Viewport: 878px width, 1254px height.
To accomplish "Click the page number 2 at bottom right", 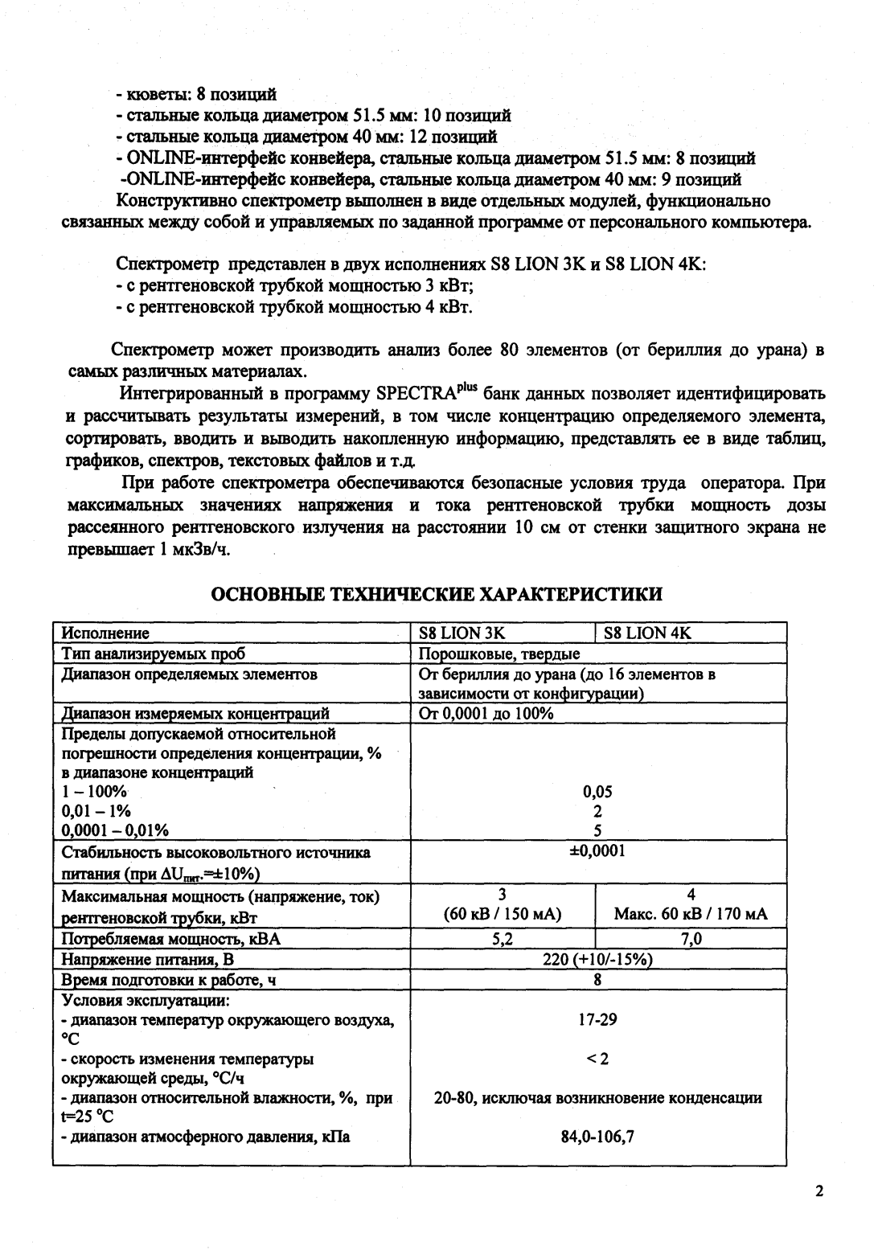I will coord(819,1191).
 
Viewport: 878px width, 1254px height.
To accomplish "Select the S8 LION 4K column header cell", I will coord(647,633).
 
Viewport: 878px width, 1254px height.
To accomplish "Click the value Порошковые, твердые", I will coord(499,653).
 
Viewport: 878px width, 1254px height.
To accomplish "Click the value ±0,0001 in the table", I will coord(597,850).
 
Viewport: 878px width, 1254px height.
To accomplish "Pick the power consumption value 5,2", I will coord(503,939).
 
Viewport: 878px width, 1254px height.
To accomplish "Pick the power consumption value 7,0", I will coord(691,939).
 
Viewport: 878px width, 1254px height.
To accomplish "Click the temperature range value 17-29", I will coord(597,1020).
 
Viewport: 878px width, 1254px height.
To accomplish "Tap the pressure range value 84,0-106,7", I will coord(597,1137).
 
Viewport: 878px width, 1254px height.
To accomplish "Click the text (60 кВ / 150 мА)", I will coord(503,914).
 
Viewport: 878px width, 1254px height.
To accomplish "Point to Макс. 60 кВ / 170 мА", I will coord(691,914).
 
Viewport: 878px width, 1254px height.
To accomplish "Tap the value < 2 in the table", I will coord(597,1059).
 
